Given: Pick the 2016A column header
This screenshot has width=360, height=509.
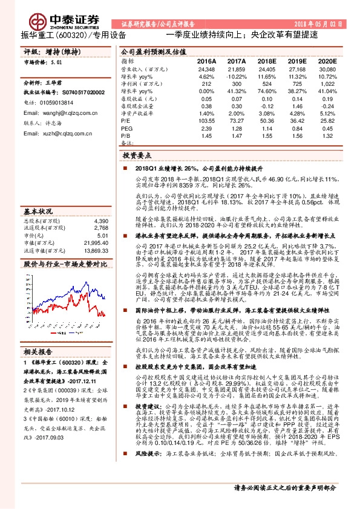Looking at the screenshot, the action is coord(206,62).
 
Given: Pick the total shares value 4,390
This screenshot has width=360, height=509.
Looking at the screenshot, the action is coord(100,222).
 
